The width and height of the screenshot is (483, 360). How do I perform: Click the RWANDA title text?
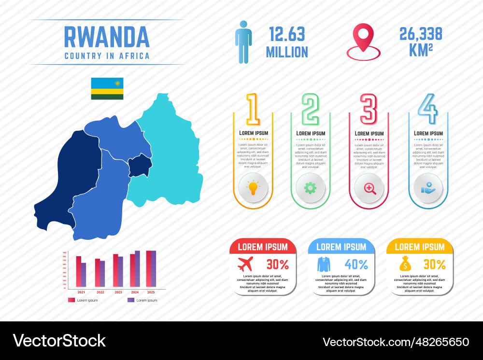[x=107, y=37]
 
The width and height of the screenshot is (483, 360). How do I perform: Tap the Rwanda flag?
[x=107, y=88]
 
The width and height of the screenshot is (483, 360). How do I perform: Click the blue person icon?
[x=243, y=42]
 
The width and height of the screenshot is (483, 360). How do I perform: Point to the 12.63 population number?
[x=287, y=34]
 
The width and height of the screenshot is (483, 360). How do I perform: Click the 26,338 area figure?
[x=420, y=34]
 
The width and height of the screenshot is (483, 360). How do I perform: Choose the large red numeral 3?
[x=369, y=109]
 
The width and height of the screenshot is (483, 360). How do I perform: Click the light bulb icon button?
[x=253, y=188]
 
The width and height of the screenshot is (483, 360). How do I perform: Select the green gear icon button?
[x=310, y=188]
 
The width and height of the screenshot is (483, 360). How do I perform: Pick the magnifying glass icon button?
[x=369, y=188]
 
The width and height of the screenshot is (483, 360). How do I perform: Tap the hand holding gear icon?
[x=428, y=188]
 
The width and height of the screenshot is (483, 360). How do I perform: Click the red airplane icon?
[x=246, y=264]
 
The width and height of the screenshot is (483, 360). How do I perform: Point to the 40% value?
[x=356, y=264]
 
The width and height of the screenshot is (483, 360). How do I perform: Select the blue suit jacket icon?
[x=324, y=264]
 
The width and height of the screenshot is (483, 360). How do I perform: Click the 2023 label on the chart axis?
[x=118, y=292]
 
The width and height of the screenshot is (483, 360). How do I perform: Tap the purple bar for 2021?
[x=84, y=275]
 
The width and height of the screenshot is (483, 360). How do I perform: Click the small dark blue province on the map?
[x=140, y=166]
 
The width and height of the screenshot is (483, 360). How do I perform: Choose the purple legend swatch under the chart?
[x=130, y=300]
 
